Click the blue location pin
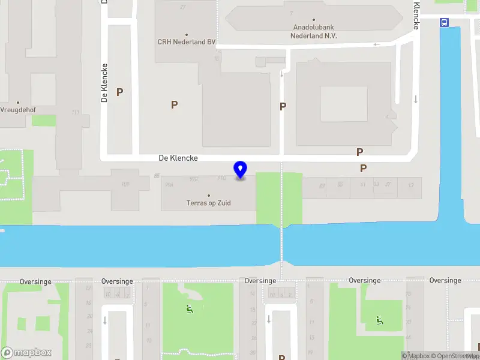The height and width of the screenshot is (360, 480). pos(241,170)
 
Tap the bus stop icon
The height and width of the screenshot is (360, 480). pos(445,22)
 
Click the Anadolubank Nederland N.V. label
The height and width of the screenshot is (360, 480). pos(314,31)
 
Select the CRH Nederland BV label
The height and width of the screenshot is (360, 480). pos(187,42)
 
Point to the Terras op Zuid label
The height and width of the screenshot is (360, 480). pos(208,203)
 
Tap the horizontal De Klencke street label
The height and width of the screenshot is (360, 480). pos(178,158)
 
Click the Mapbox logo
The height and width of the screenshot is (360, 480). pos(26,352)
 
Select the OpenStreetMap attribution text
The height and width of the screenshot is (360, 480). pos(451,356)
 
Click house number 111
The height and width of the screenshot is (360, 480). pos(75,112)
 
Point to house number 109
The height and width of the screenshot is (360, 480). pos(125,184)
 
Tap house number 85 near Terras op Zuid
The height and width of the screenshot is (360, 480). pos(157,176)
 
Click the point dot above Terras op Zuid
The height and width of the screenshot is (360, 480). pos(209,195)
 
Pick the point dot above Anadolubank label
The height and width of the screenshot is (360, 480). pos(314,19)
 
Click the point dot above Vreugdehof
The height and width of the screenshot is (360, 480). pos(18,103)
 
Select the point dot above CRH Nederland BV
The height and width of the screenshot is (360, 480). pos(187,35)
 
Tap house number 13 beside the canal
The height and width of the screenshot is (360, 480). pos(410,185)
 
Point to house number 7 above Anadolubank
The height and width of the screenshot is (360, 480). pos(292,13)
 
